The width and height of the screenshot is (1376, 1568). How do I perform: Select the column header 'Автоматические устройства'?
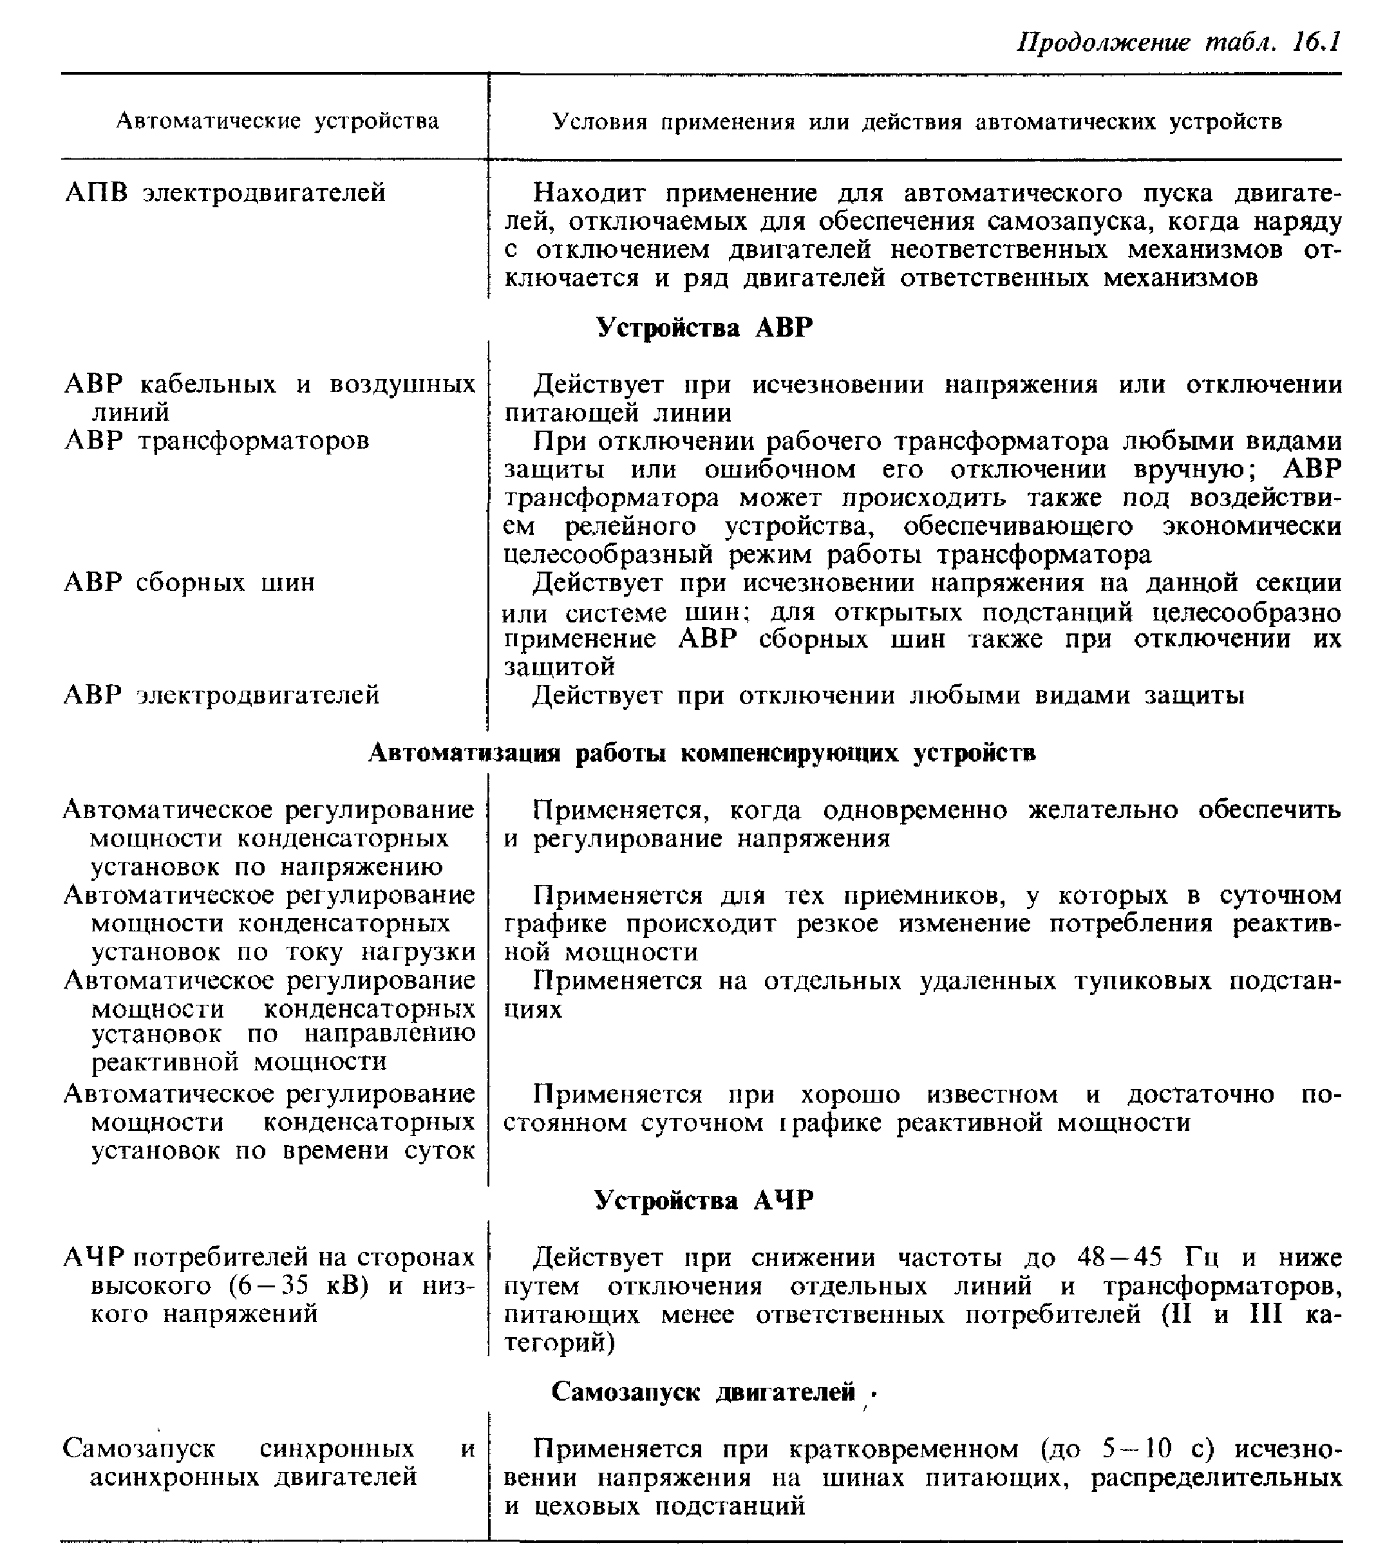point(277,121)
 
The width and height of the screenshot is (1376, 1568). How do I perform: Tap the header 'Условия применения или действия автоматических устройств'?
point(916,122)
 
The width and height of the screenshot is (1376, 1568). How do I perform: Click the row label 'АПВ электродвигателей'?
point(225,192)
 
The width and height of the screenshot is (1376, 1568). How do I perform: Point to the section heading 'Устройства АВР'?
point(704,328)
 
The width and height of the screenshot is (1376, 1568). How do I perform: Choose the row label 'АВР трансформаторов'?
point(216,440)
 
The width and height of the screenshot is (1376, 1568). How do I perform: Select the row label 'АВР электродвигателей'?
point(221,695)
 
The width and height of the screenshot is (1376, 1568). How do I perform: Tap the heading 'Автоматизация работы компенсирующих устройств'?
point(701,753)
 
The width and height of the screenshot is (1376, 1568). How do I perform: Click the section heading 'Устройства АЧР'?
point(704,1200)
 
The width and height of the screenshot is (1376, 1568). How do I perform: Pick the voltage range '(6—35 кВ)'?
point(299,1285)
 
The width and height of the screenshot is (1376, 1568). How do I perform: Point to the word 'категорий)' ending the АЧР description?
point(560,1343)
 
